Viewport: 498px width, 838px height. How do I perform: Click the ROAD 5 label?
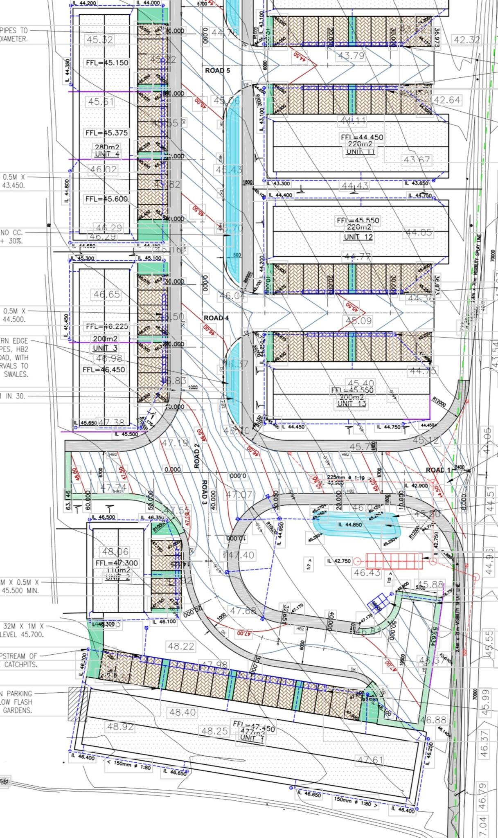click(x=217, y=70)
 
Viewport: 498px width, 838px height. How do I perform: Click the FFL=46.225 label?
click(x=107, y=327)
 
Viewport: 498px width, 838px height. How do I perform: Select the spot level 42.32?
click(x=466, y=40)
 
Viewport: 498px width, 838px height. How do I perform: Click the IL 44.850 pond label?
click(x=350, y=525)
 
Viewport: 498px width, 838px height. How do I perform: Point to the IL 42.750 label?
click(x=339, y=561)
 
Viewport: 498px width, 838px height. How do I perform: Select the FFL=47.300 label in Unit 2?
click(x=117, y=563)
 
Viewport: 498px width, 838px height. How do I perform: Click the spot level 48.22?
click(x=181, y=647)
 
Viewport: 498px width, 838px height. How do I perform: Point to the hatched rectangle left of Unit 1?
click(x=77, y=704)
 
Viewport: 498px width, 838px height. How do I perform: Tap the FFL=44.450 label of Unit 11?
click(x=362, y=137)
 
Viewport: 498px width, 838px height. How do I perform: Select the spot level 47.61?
click(x=370, y=760)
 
